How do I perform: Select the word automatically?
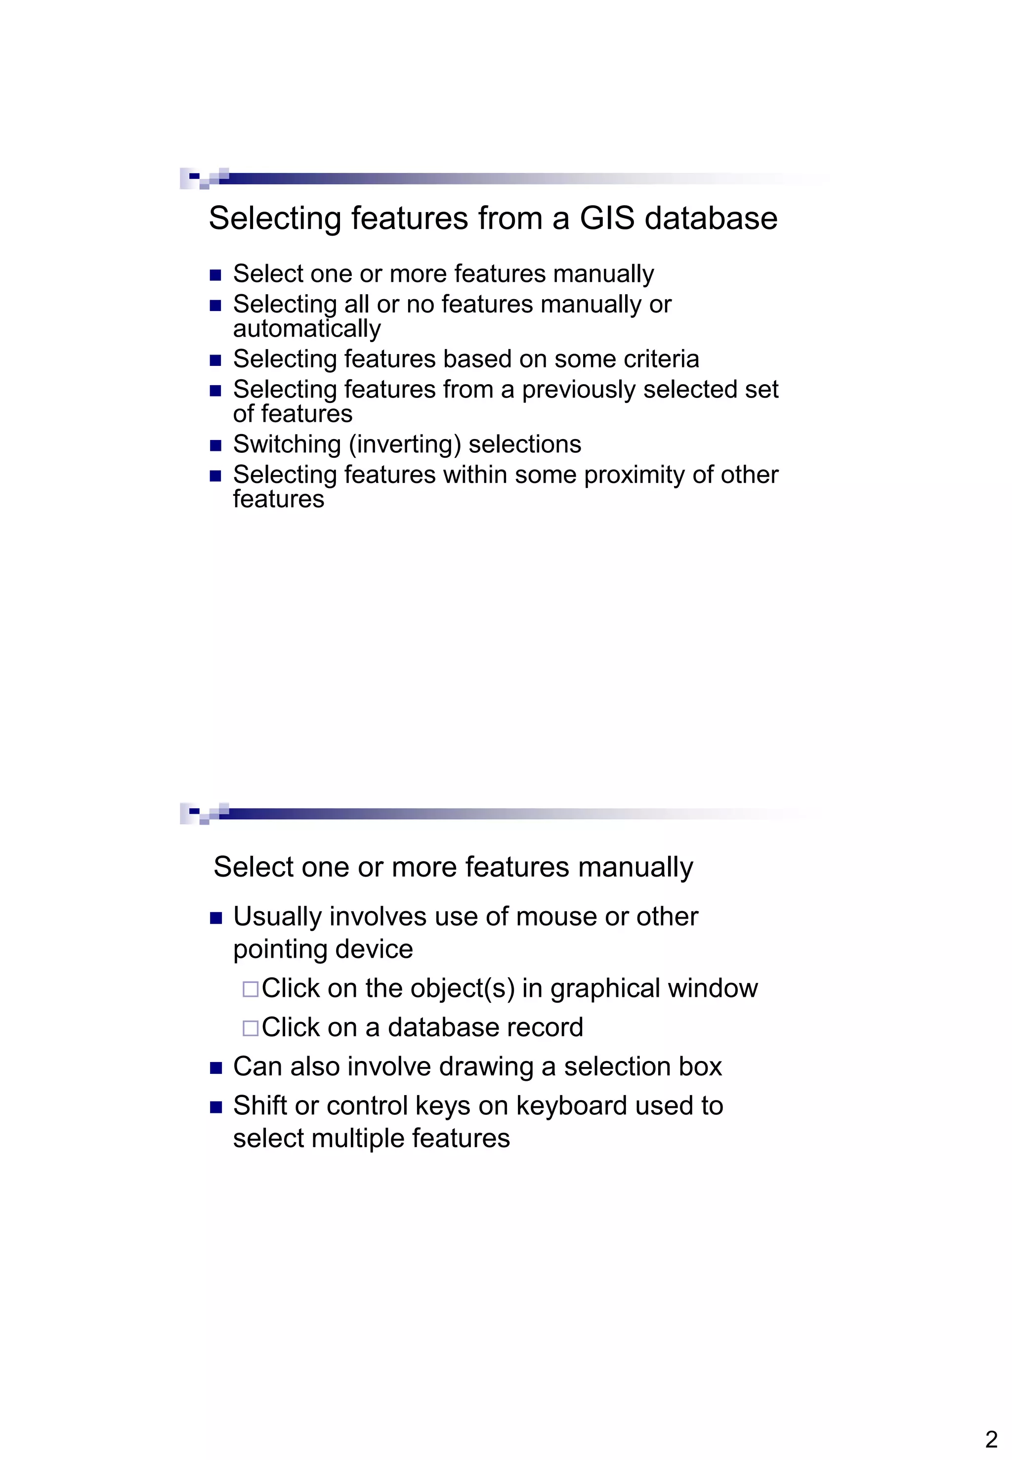tap(307, 329)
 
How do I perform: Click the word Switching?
tap(287, 444)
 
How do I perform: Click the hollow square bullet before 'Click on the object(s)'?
tap(251, 989)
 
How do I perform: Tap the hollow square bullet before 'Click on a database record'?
tap(251, 1028)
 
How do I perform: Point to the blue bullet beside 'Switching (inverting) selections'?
tap(215, 445)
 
